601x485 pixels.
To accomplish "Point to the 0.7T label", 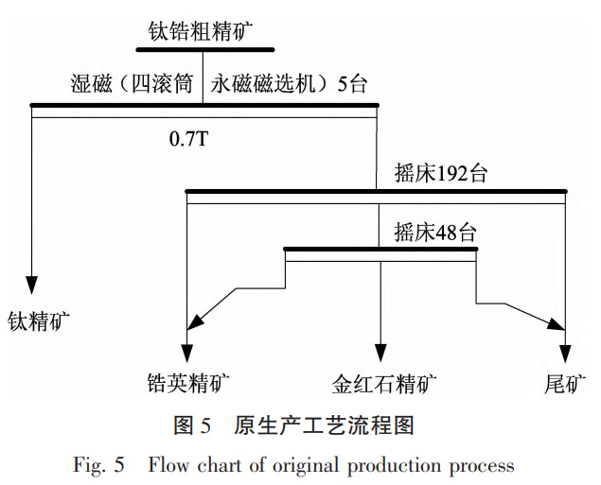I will click(188, 139).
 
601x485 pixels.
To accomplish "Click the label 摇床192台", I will click(442, 174).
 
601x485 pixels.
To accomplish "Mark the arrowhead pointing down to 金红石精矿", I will click(380, 347).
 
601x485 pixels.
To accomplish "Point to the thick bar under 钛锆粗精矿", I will click(205, 49).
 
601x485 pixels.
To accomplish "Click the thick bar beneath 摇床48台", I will click(380, 250).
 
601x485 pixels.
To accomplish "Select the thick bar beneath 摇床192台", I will click(376, 192).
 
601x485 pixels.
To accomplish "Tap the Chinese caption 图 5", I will click(192, 425).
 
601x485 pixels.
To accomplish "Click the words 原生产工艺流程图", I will click(324, 425).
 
